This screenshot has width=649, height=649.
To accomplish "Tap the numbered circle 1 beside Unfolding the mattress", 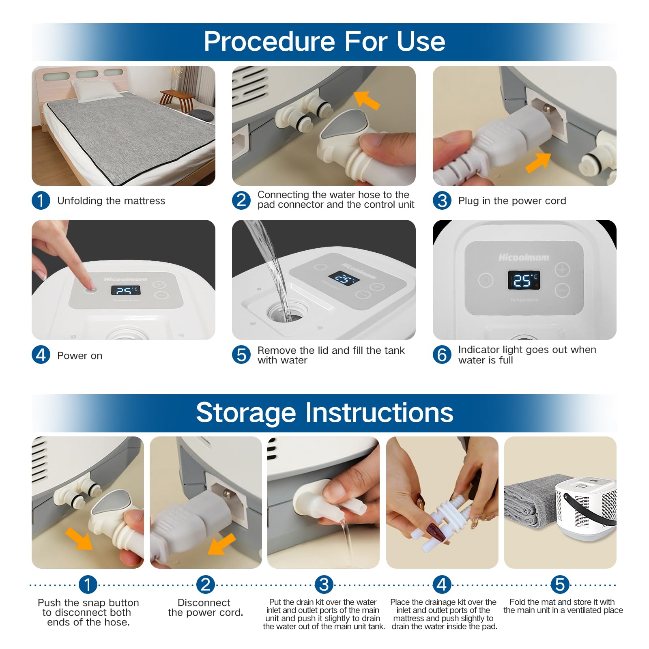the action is pos(41,200).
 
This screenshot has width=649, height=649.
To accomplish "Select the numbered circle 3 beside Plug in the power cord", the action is pos(442,200).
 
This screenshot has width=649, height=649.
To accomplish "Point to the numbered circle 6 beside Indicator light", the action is pos(442,355).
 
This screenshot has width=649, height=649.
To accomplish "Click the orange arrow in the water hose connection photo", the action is pos(367,100).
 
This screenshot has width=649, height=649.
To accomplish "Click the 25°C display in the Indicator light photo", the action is pos(524,280).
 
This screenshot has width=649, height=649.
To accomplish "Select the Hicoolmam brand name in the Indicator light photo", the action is pos(524,258).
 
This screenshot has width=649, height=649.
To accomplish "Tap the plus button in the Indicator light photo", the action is pos(562,270).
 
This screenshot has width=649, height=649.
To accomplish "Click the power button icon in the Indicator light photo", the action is pos(486,280).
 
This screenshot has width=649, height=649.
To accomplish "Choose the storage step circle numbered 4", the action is pos(442,585).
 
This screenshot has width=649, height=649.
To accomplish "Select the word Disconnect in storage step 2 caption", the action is pos(204,602).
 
